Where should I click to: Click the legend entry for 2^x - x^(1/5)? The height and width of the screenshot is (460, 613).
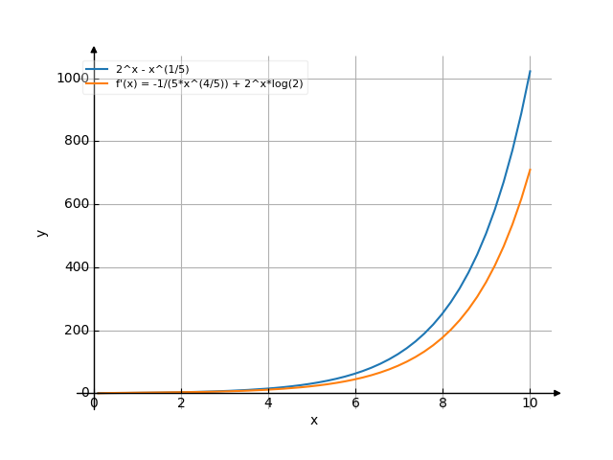tap(151, 69)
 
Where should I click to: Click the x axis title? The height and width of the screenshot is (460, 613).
tap(313, 421)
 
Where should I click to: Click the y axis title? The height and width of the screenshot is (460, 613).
tap(41, 232)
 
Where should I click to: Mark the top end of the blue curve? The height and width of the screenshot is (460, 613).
tap(530, 70)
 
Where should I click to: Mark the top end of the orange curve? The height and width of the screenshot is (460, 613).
tap(530, 170)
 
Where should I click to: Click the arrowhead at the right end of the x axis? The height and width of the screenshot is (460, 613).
tap(556, 393)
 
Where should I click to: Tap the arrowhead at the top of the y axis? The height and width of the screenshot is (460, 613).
tap(94, 48)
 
